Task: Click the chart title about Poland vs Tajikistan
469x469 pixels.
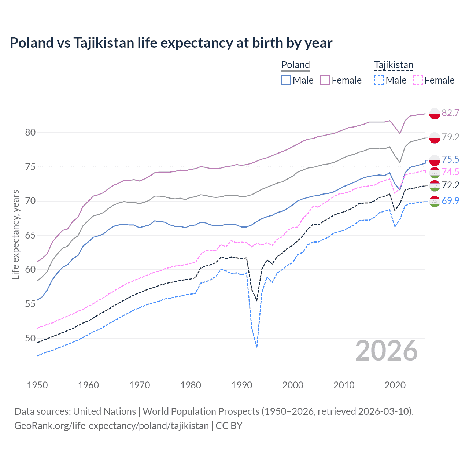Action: (171, 43)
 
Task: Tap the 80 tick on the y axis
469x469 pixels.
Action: (30, 132)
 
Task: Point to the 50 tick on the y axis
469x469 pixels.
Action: (30, 338)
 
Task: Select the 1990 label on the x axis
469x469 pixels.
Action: (242, 385)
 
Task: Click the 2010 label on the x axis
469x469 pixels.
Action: (344, 385)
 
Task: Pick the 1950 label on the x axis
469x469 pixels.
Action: (37, 385)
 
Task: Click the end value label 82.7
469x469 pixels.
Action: (450, 113)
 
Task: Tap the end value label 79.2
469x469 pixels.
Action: (450, 137)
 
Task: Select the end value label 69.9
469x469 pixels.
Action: (450, 201)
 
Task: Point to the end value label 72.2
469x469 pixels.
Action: (450, 185)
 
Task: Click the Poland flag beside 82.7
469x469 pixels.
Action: (435, 114)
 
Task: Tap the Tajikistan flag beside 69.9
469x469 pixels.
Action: (435, 202)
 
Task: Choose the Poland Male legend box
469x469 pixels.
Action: (286, 80)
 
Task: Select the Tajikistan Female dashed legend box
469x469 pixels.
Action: (418, 80)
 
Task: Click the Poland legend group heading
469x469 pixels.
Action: (296, 65)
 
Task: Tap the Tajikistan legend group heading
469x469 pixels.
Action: (394, 65)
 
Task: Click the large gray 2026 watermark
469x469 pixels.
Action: (386, 351)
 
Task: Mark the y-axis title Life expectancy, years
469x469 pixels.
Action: (15, 234)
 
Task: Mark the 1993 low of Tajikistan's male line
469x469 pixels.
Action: (256, 347)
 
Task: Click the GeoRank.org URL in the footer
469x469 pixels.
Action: (111, 425)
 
